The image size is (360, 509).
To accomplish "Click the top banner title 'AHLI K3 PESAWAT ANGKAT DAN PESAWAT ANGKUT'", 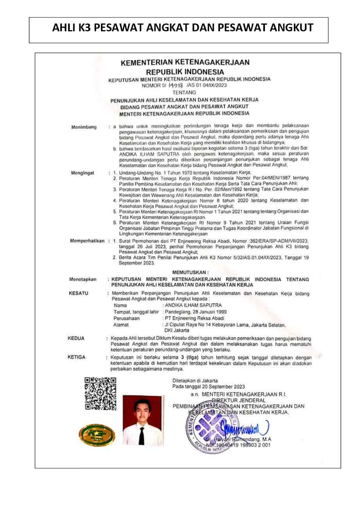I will [x=183, y=28].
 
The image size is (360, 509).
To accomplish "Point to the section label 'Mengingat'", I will [x=84, y=172].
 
